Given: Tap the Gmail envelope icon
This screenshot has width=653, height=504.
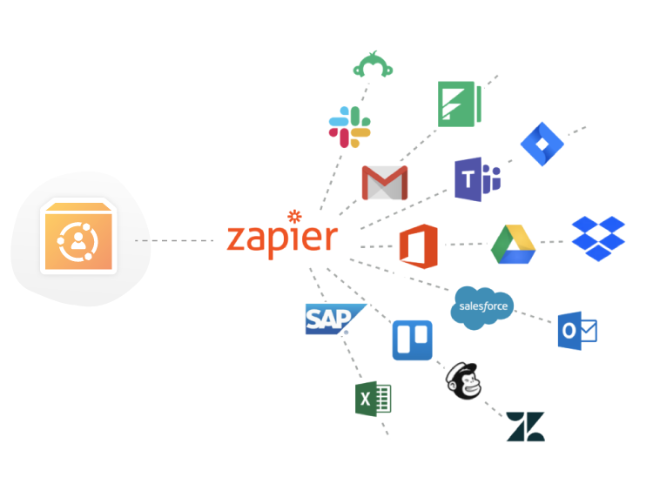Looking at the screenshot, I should (385, 182).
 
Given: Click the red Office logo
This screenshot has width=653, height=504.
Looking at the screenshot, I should (417, 245).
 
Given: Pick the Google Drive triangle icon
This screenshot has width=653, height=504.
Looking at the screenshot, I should (514, 244).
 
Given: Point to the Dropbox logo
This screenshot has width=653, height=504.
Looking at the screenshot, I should (598, 239).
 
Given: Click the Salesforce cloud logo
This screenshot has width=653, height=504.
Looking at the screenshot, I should (483, 308).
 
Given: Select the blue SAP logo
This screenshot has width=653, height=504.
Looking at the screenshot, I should (327, 319).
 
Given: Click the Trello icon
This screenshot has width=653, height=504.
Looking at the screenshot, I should (412, 340).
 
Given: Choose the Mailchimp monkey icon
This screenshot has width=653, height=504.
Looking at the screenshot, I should (463, 380).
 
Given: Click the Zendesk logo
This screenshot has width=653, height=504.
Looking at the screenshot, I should (525, 427).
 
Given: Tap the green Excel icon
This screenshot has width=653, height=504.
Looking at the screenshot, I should (373, 400).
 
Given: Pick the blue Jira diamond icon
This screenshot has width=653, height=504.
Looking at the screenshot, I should (542, 144).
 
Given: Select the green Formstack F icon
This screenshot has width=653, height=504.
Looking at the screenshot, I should (460, 103).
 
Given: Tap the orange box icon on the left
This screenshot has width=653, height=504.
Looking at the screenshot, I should (78, 237).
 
